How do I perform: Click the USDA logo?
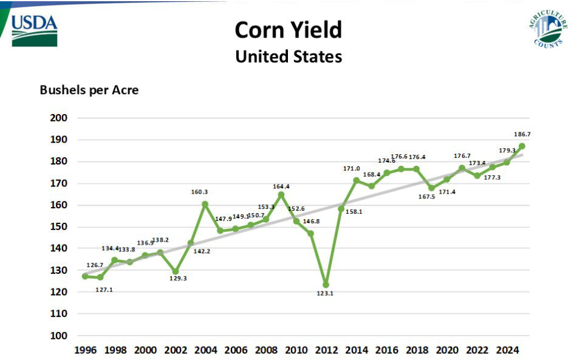pyautogui.click(x=35, y=29)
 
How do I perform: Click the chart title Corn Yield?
pyautogui.click(x=288, y=30)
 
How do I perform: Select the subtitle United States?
pyautogui.click(x=288, y=57)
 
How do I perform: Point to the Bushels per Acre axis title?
pyautogui.click(x=89, y=90)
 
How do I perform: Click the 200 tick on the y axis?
pyautogui.click(x=59, y=118)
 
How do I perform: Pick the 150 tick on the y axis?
pyautogui.click(x=59, y=226)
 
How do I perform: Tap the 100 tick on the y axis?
pyautogui.click(x=59, y=335)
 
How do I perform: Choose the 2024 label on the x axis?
pyautogui.click(x=507, y=350)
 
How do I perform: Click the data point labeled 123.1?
pyautogui.click(x=326, y=285)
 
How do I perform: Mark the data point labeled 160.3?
pyautogui.click(x=205, y=204)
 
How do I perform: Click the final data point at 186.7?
pyautogui.click(x=522, y=146)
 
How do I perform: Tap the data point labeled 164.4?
pyautogui.click(x=281, y=195)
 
